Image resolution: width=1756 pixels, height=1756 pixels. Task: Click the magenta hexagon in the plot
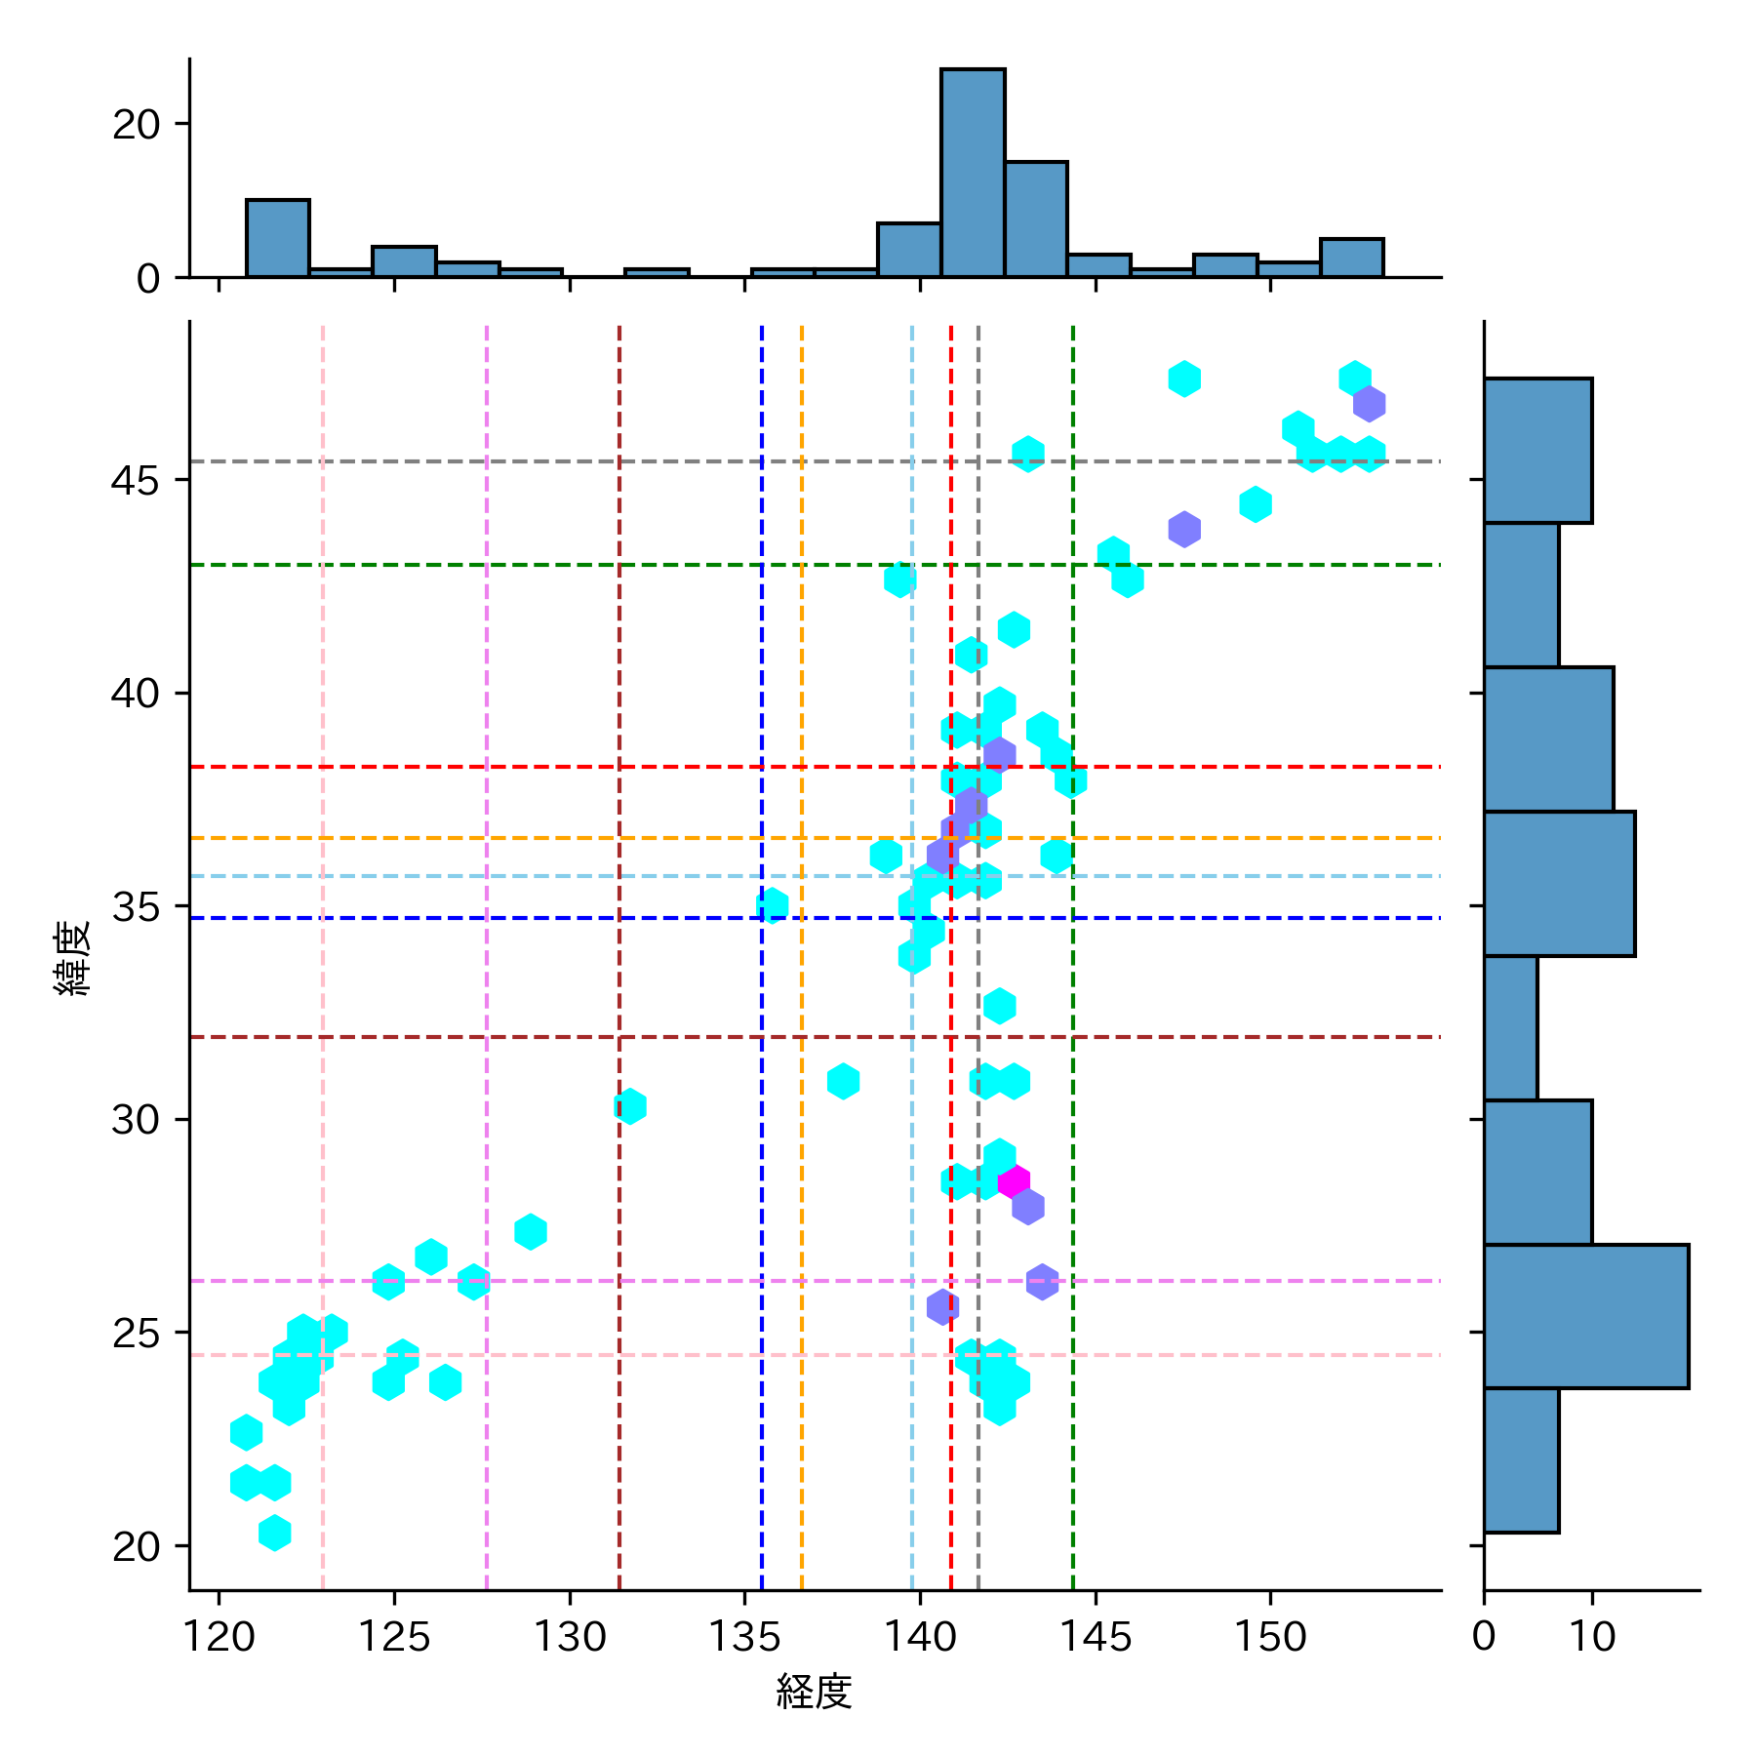[x=1014, y=1181]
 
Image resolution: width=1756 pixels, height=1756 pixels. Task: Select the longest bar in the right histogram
[x=1585, y=1316]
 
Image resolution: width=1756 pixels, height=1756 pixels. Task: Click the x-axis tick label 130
[x=569, y=1636]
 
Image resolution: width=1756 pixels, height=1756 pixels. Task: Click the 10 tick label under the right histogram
[x=1592, y=1636]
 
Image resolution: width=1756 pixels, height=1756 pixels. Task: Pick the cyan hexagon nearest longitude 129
[x=530, y=1232]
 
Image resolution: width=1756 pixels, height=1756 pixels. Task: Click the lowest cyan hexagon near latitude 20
[x=275, y=1533]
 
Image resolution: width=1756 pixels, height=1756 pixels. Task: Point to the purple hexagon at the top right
[x=1369, y=403]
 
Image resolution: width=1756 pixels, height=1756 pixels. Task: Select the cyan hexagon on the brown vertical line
[x=630, y=1106]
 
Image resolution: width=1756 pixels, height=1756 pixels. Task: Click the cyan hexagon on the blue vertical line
[x=772, y=905]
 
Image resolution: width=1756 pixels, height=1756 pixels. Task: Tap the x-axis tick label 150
[x=1270, y=1636]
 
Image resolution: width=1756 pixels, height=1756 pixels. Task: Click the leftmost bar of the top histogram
[x=278, y=239]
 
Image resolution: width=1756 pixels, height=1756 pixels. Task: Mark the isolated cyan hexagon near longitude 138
[x=843, y=1081]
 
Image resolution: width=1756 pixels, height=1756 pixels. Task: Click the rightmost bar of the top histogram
[x=1351, y=259]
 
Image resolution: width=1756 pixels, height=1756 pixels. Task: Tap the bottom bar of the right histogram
[x=1521, y=1460]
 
